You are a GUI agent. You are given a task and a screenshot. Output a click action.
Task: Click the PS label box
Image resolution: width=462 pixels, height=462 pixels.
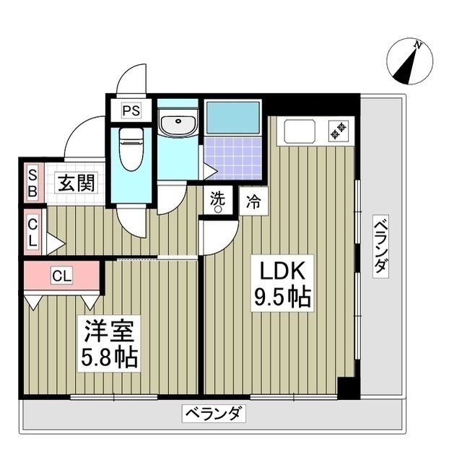pos(131,111)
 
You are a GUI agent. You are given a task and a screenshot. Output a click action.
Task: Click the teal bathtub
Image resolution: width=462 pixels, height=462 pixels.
pos(232,116)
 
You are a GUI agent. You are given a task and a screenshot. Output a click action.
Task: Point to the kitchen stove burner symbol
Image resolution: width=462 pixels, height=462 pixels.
pos(337,131)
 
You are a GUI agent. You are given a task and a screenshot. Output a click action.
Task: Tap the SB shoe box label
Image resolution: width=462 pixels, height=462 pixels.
pos(32,183)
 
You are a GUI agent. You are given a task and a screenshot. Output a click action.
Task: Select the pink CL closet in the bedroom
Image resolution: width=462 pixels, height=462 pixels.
pos(61,275)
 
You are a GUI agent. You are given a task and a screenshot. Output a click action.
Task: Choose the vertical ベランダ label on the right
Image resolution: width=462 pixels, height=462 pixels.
pos(380,246)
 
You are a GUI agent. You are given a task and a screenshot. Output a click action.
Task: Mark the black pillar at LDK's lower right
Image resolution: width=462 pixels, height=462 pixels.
pos(347,388)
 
